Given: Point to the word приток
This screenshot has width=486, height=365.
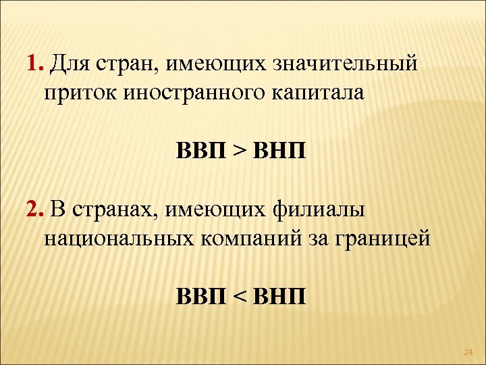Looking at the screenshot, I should (x=76, y=91).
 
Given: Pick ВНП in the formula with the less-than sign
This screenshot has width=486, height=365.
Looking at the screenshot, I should (x=279, y=296).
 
